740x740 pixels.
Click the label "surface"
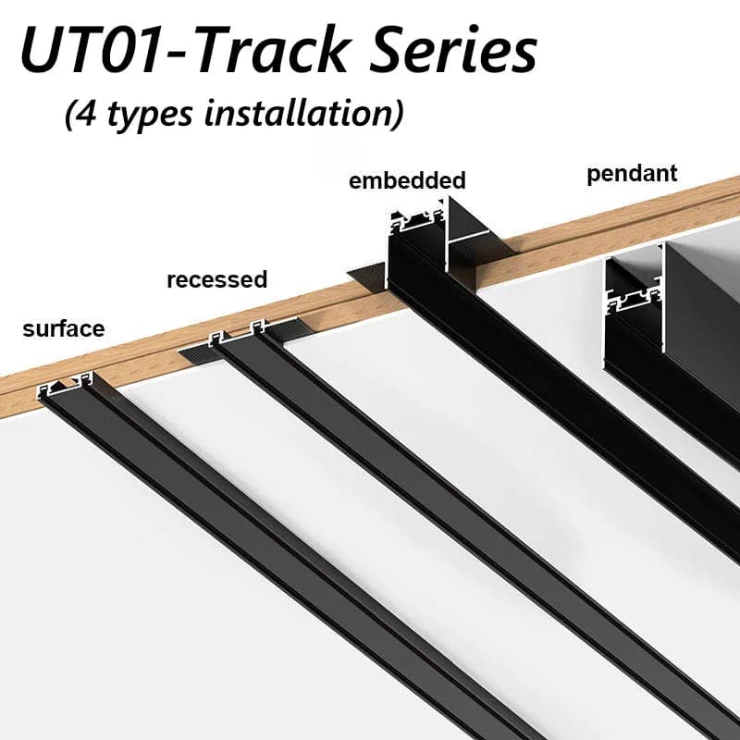[64, 328]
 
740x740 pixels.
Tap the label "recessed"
[216, 279]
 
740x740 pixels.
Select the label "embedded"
[407, 180]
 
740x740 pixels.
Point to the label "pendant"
[632, 173]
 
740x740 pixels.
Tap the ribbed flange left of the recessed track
[194, 352]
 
